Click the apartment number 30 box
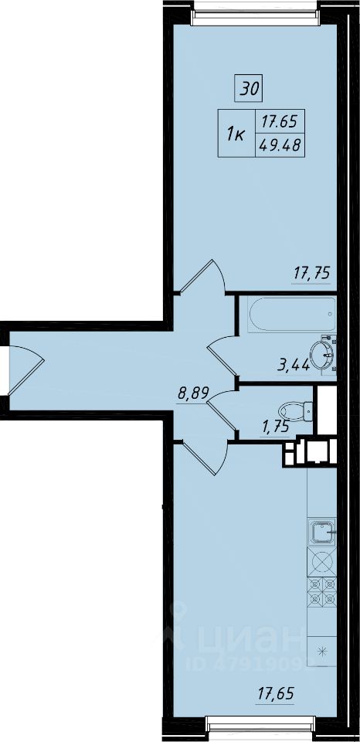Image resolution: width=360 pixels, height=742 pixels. point(249,88)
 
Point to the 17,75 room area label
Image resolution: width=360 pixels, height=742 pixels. point(311,274)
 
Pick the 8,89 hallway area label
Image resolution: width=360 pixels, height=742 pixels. point(192,393)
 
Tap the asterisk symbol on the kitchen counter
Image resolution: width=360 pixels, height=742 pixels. point(323,652)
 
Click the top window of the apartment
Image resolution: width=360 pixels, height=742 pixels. point(253,12)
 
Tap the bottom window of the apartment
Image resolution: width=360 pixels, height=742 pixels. point(260,727)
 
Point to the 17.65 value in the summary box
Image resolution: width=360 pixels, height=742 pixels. point(280,123)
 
